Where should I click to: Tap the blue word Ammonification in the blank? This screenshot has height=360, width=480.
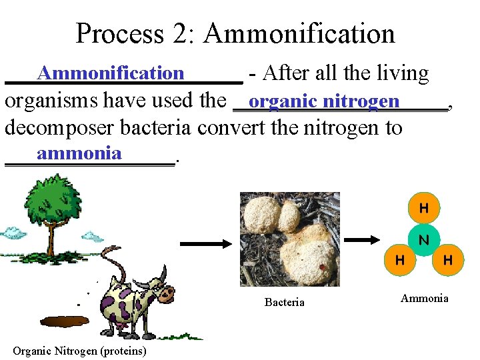click(110, 73)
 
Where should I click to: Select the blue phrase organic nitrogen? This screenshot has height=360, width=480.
click(324, 101)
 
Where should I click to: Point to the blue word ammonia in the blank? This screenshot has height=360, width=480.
click(79, 153)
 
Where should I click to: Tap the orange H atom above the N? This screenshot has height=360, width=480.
click(423, 209)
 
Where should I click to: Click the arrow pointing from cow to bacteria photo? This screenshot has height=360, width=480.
click(205, 245)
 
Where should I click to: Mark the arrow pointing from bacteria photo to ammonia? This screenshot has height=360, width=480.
click(365, 239)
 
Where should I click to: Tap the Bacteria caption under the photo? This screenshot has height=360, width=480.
click(284, 303)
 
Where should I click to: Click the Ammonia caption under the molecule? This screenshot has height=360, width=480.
click(424, 298)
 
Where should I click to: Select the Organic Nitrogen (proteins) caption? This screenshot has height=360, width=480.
click(79, 351)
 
